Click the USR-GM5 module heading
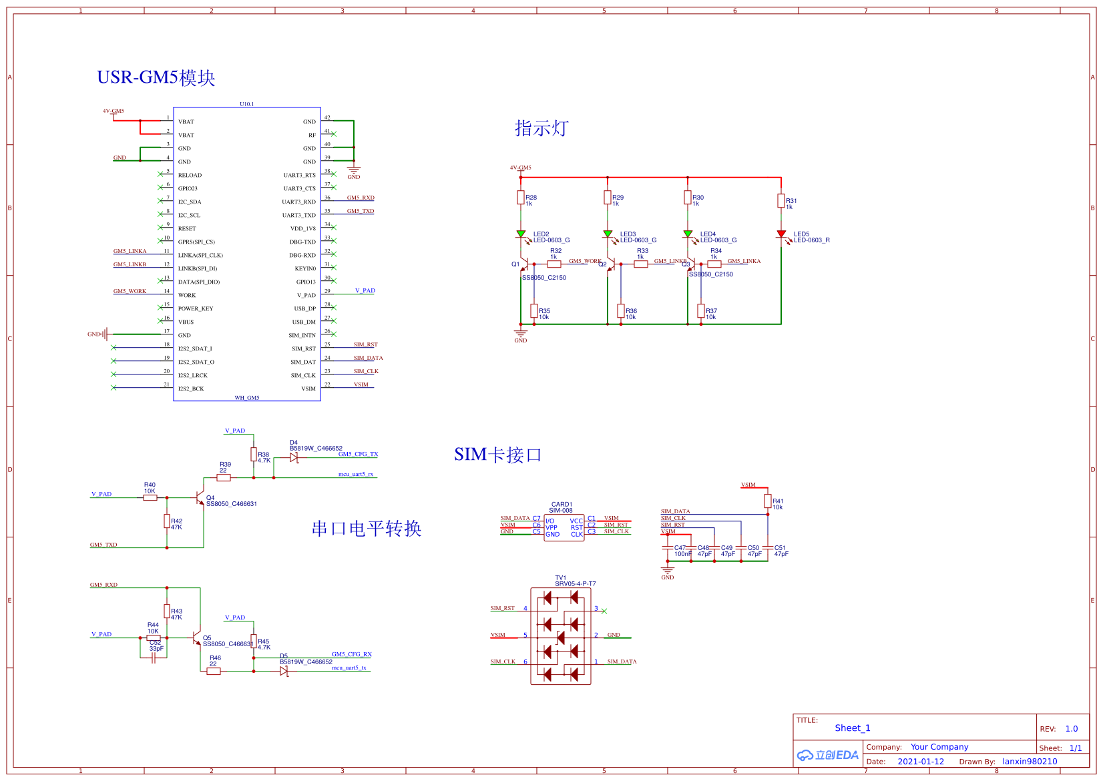tap(156, 77)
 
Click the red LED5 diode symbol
tap(781, 234)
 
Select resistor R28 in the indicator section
tap(521, 198)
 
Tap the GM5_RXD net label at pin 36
tap(361, 198)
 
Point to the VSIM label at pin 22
tap(361, 384)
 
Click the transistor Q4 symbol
tap(200, 497)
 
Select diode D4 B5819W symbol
tap(294, 458)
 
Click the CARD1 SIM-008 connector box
tap(564, 527)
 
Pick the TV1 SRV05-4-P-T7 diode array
tap(561, 635)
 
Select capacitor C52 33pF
tap(154, 658)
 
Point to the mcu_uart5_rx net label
tap(355, 474)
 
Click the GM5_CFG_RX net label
tap(352, 654)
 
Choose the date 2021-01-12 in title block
tap(921, 762)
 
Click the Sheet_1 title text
tap(853, 728)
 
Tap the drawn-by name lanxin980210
tap(1030, 762)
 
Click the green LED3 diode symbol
tap(608, 234)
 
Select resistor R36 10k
tap(621, 311)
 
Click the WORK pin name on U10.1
tap(187, 295)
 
